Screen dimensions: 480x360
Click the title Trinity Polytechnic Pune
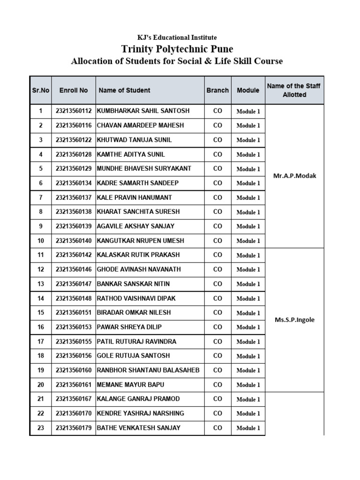177,49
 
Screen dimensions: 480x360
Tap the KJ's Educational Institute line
177,37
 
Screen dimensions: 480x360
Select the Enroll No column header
74,90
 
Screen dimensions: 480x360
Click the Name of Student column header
125,90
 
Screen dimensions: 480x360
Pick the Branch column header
217,90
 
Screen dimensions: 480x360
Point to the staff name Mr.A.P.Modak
294,176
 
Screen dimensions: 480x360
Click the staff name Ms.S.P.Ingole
294,320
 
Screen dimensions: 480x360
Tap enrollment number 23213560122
74,140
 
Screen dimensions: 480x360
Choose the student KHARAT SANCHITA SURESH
138,212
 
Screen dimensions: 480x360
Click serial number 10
41,240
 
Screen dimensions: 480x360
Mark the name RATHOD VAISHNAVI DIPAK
136,298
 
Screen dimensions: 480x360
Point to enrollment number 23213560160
74,370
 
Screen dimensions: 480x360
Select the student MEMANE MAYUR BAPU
130,385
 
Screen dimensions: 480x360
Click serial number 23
41,428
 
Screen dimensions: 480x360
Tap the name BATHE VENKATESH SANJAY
138,428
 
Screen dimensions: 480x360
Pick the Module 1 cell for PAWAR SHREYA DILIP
248,327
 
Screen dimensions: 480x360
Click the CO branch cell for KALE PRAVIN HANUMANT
217,197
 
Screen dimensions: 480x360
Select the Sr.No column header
41,90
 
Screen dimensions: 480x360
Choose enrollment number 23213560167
74,399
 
